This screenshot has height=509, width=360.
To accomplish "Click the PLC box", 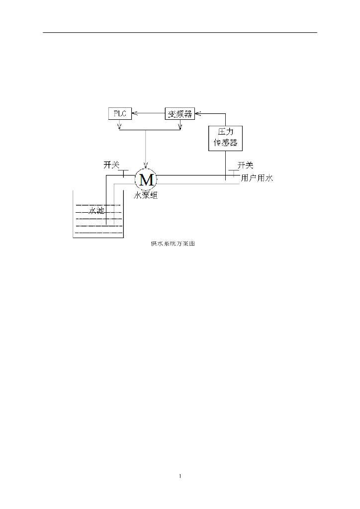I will pyautogui.click(x=120, y=113).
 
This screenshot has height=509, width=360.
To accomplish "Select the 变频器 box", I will pyautogui.click(x=180, y=113).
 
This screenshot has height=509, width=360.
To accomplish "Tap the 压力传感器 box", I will pyautogui.click(x=225, y=138).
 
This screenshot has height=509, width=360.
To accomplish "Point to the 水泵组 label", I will pyautogui.click(x=146, y=196).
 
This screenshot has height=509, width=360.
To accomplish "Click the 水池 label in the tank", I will pyautogui.click(x=96, y=211).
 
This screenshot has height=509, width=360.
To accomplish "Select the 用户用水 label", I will pyautogui.click(x=257, y=177).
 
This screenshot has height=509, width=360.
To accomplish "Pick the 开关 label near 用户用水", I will pyautogui.click(x=246, y=165).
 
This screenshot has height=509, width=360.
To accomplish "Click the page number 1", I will pyautogui.click(x=180, y=477).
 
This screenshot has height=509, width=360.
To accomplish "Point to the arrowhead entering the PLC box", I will pyautogui.click(x=133, y=113).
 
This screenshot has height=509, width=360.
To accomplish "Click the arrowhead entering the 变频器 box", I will pyautogui.click(x=197, y=113).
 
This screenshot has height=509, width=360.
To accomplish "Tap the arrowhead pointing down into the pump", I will pyautogui.click(x=146, y=166).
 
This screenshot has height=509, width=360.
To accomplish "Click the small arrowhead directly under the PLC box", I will pyautogui.click(x=119, y=129).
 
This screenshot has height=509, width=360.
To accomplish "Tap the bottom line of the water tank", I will pyautogui.click(x=98, y=238).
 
